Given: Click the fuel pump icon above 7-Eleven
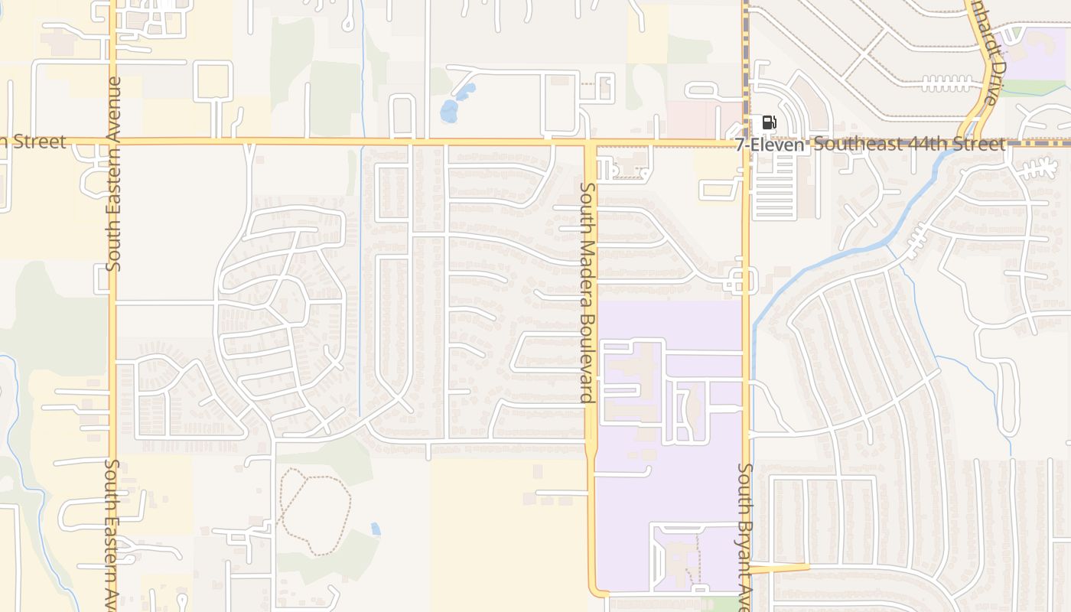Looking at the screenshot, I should (x=769, y=122).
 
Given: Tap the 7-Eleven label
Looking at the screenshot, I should (x=770, y=145).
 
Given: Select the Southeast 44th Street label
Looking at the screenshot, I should (x=909, y=145).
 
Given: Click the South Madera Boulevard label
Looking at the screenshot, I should (x=587, y=292).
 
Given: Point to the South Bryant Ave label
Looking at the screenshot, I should (x=746, y=535).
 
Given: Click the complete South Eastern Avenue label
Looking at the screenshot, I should (x=114, y=174).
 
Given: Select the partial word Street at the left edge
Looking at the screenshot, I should (x=34, y=142).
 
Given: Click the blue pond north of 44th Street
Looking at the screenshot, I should (x=451, y=107).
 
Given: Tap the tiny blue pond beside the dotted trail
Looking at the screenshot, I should (x=375, y=529).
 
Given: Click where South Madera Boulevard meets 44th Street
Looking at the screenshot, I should (x=590, y=142).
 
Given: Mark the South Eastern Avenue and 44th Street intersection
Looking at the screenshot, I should (x=112, y=142).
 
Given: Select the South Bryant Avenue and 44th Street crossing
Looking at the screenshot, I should (x=746, y=142).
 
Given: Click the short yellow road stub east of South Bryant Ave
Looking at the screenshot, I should (x=779, y=568).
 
